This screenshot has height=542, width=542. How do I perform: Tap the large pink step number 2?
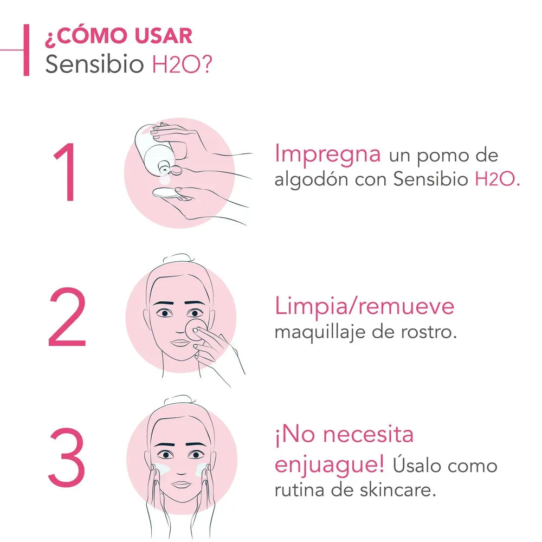coord(67,316)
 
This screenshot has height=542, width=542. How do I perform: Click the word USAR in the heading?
coord(163,36)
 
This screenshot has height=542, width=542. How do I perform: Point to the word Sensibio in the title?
coord(94,64)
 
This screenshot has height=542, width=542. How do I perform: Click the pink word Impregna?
coord(327,154)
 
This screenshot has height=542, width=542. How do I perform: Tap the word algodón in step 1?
coord(311,180)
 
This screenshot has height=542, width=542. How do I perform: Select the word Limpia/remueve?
coord(364,306)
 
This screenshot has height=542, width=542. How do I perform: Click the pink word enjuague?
coord(330,464)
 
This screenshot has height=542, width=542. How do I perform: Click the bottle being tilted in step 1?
coord(156,149)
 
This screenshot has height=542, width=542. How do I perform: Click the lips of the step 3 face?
coord(182,485)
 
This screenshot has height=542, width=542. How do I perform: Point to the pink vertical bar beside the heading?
coord(26,50)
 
